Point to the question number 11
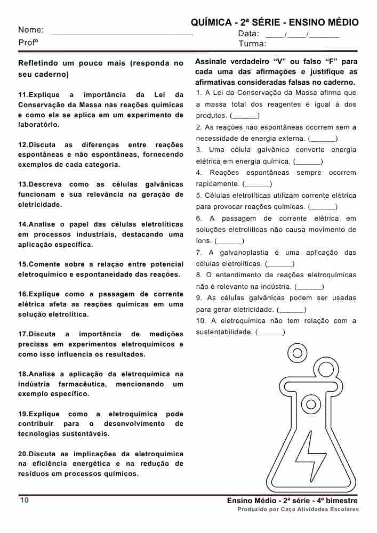tap(23, 95)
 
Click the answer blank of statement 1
tap(245, 116)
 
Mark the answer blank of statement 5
tap(323, 207)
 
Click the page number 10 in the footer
tap(25, 500)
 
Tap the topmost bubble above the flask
tap(295, 352)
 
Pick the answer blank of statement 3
tap(309, 161)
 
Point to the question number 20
tap(23, 454)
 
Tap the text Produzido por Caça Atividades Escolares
tap(298, 510)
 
